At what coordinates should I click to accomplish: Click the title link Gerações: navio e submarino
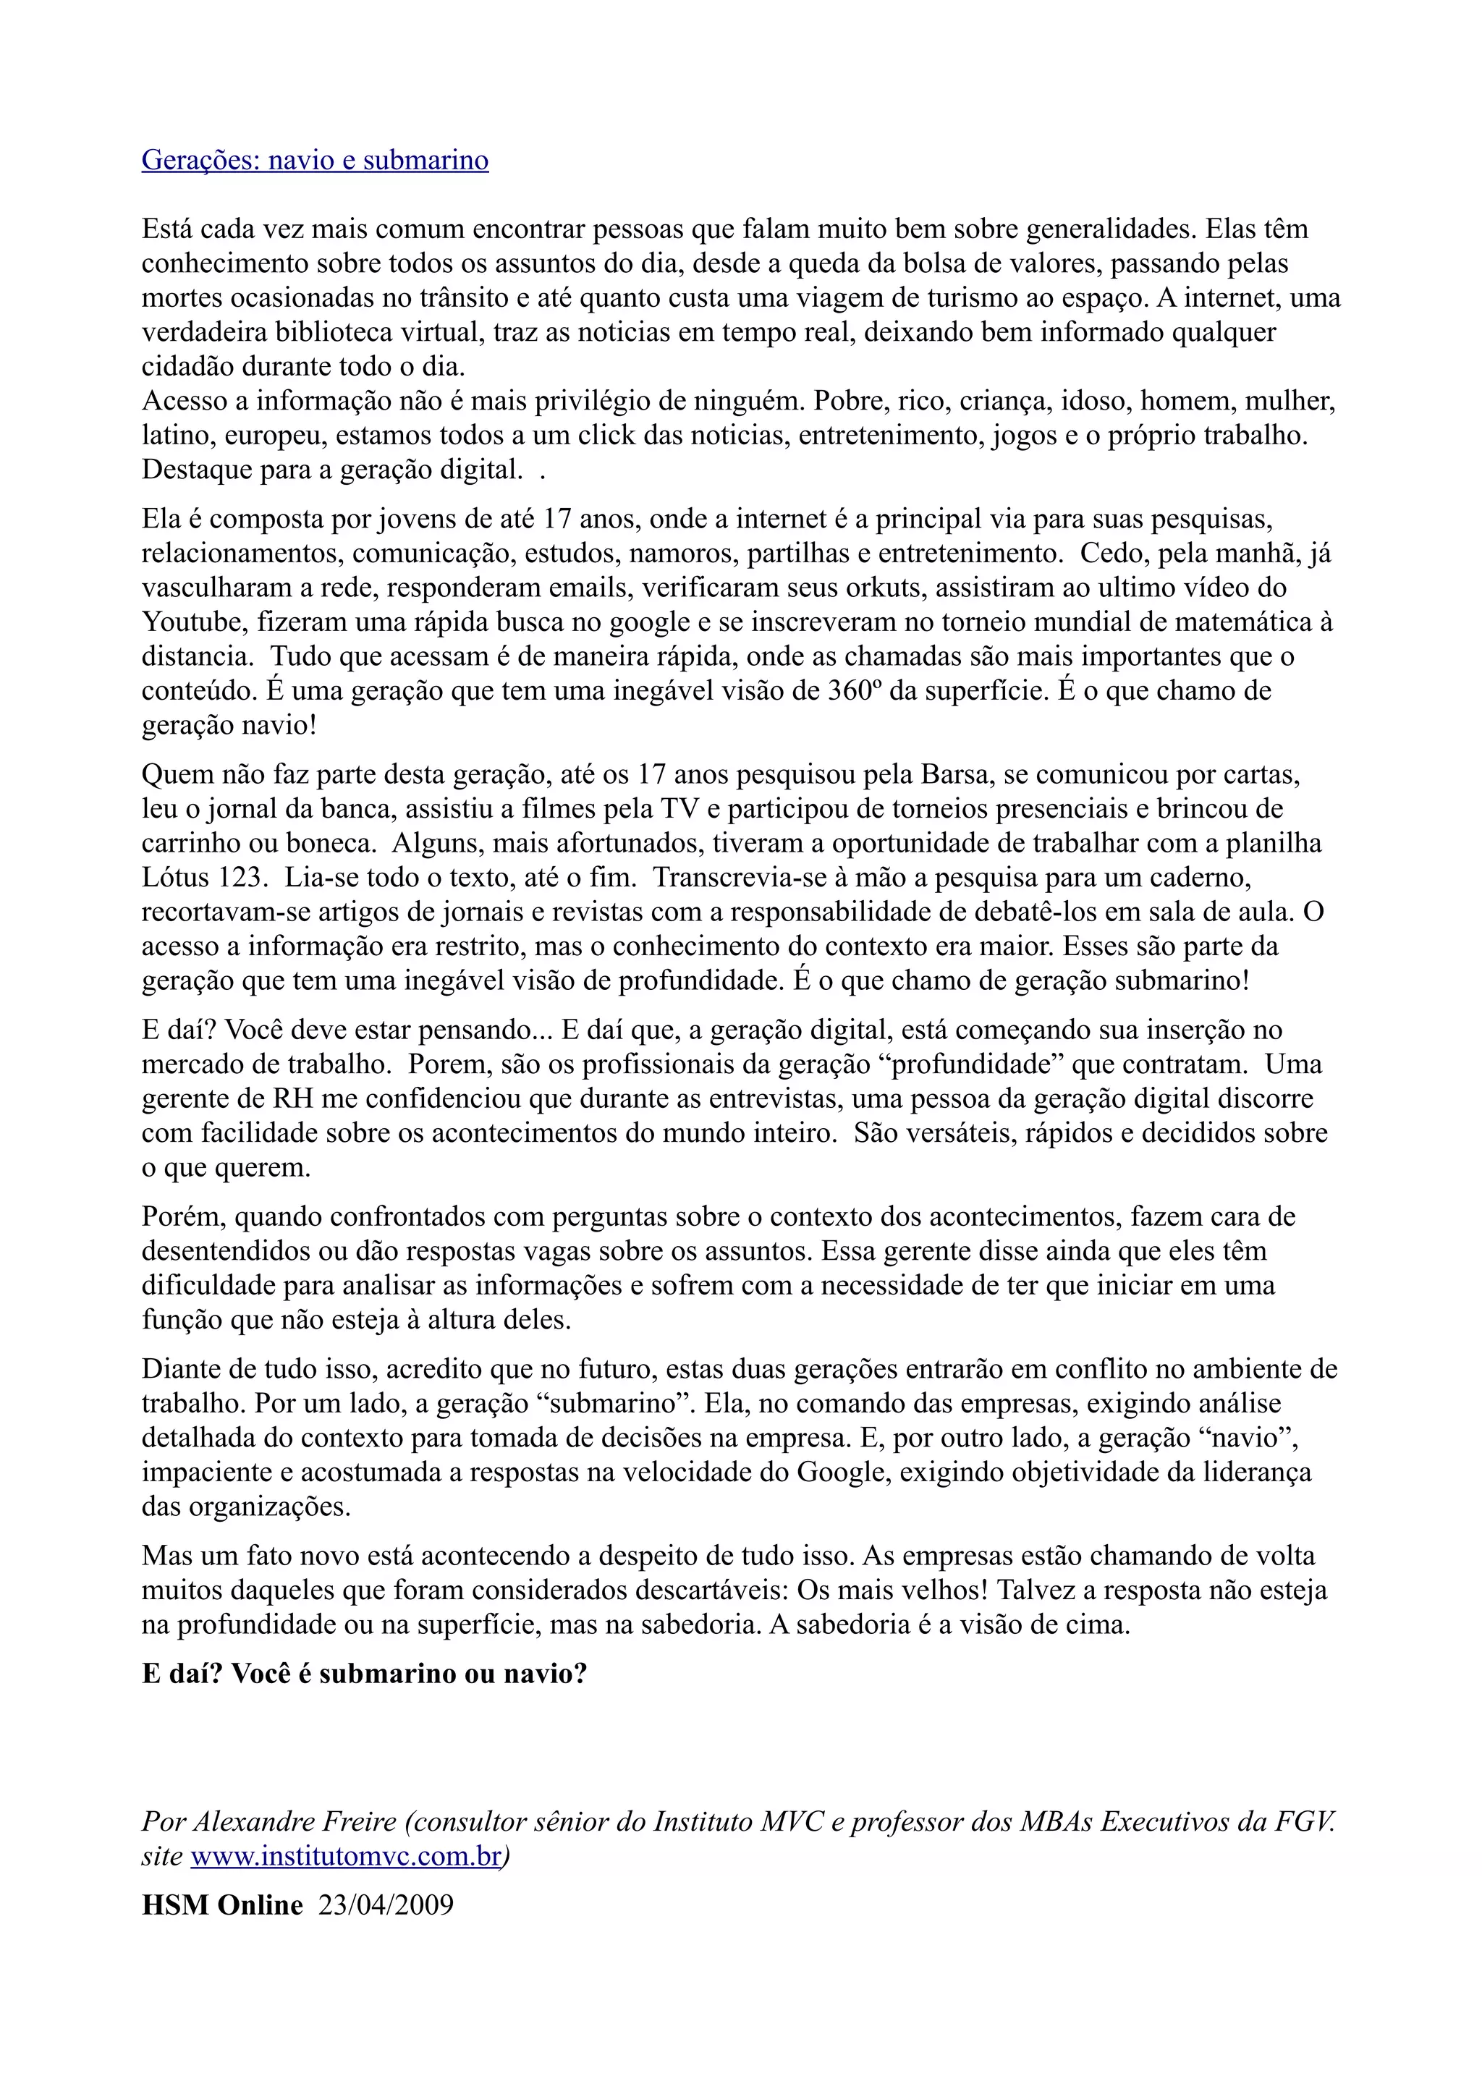[315, 161]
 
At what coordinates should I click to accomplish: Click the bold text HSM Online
[222, 1905]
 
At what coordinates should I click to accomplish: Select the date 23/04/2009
[386, 1905]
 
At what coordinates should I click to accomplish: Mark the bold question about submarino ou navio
[363, 1674]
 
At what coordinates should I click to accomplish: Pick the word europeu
[275, 435]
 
